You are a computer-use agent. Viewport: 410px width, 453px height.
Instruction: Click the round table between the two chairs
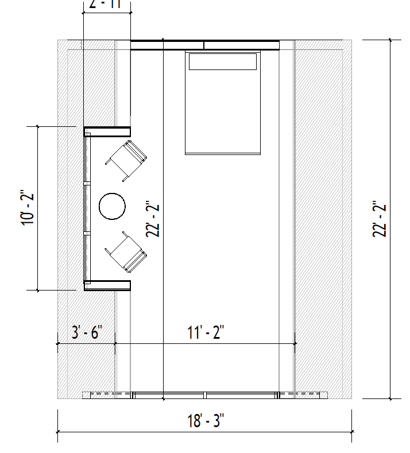coord(112,207)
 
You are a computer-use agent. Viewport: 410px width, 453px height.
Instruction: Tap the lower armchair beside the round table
coord(126,251)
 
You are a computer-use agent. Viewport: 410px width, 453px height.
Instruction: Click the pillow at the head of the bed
coord(223,61)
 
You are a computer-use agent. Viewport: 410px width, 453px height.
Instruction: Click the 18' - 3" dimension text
coord(205,421)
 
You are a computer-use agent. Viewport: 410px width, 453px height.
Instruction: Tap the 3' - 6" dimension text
coord(86,333)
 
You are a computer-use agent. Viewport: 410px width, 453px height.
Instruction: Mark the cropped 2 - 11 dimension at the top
coord(107,5)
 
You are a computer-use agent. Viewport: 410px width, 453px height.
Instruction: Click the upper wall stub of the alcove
coord(108,131)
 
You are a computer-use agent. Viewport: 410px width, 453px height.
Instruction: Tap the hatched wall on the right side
coord(323,218)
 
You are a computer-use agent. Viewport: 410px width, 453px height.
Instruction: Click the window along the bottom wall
coord(205,395)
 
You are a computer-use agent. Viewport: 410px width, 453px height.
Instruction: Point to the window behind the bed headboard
coord(205,44)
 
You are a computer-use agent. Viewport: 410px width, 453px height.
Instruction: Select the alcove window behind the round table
coord(87,208)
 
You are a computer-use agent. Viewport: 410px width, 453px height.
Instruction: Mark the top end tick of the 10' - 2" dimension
coord(38,126)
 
